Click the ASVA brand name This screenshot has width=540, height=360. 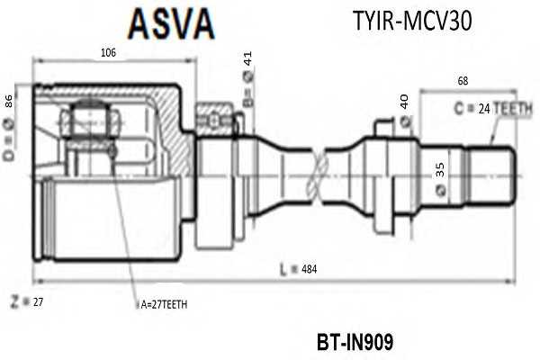point(172,23)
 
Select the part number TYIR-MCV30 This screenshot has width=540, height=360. point(412,21)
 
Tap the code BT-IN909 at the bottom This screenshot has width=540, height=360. point(355,342)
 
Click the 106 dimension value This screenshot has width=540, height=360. point(108,52)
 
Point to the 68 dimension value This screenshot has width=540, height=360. point(463,81)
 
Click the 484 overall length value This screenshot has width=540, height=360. point(309,269)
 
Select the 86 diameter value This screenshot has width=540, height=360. point(8,101)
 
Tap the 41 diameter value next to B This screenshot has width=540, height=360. point(247,58)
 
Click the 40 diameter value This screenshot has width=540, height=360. point(404,102)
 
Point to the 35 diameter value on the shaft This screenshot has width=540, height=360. point(440,170)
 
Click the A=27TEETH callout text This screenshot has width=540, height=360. point(164,304)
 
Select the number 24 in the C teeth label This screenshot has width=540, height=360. point(484,109)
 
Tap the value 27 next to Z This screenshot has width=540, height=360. point(38,302)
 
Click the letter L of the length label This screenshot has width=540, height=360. point(283,270)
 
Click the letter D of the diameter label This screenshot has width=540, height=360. point(9,154)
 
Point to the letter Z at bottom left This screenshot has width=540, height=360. point(14,301)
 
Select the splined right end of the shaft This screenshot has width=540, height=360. point(490,176)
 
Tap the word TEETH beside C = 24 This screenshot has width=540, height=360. point(513,109)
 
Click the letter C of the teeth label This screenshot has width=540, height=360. point(459,109)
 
